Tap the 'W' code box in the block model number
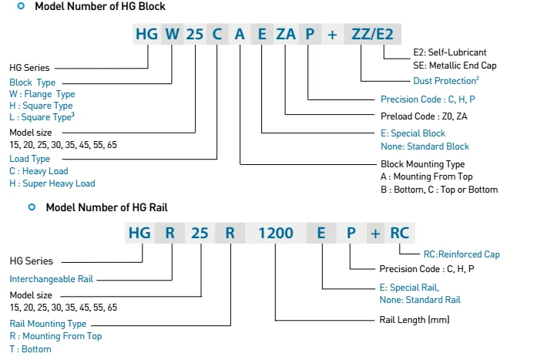click(172, 34)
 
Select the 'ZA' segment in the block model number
click(285, 34)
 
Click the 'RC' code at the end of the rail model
click(400, 232)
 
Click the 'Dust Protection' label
click(416, 80)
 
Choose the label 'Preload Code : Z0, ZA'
click(424, 116)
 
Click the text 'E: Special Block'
click(413, 134)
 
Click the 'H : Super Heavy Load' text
click(52, 183)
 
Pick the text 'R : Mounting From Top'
click(55, 336)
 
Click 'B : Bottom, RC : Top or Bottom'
click(439, 189)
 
